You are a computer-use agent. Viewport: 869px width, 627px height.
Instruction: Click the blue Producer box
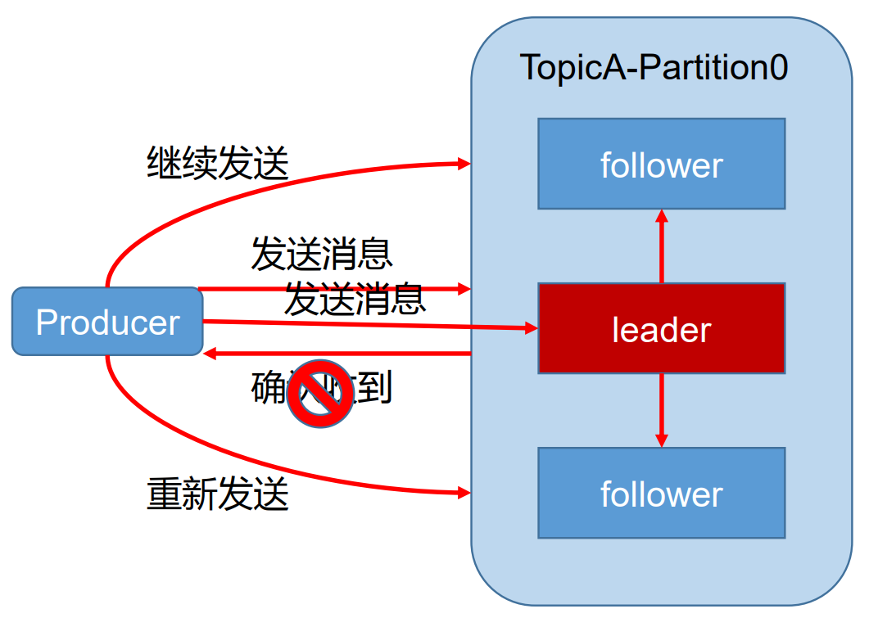107,322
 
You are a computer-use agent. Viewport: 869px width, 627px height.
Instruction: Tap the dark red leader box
661,328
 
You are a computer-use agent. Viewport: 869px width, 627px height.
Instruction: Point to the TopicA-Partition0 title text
654,67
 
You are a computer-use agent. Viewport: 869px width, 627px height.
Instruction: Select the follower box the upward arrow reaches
661,164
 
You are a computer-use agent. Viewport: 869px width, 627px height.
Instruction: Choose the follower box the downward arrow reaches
661,493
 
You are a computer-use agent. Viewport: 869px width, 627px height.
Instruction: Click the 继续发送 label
218,164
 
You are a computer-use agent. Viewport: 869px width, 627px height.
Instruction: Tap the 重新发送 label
218,494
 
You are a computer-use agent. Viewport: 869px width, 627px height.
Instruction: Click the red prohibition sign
319,393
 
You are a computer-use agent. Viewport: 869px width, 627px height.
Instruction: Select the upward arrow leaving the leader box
662,246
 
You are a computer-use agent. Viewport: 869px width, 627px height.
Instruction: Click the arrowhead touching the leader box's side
530,328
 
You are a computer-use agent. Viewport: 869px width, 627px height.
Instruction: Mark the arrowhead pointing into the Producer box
210,354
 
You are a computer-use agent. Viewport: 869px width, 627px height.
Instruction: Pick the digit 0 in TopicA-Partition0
774,67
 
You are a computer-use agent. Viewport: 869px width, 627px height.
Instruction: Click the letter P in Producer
46,323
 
